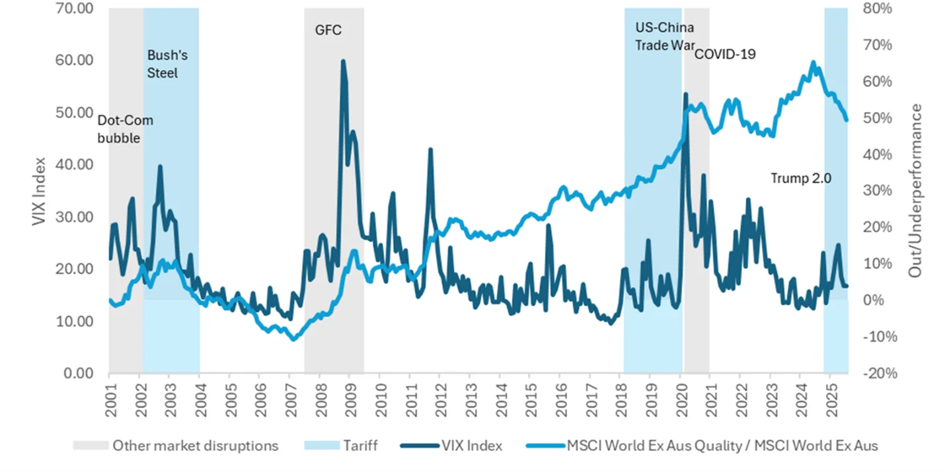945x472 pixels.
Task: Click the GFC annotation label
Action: coord(328,30)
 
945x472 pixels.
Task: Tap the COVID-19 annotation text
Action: coord(724,54)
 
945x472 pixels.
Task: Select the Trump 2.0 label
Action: coord(800,178)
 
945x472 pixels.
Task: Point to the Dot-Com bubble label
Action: coord(125,129)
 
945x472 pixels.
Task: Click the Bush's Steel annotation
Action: coord(163,65)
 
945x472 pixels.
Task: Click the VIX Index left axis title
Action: coord(39,191)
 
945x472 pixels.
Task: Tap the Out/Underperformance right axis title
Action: coord(915,191)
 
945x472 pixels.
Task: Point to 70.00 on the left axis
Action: coord(73,9)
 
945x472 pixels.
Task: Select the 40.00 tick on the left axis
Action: coord(73,165)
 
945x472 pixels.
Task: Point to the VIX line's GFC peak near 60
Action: coord(343,61)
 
